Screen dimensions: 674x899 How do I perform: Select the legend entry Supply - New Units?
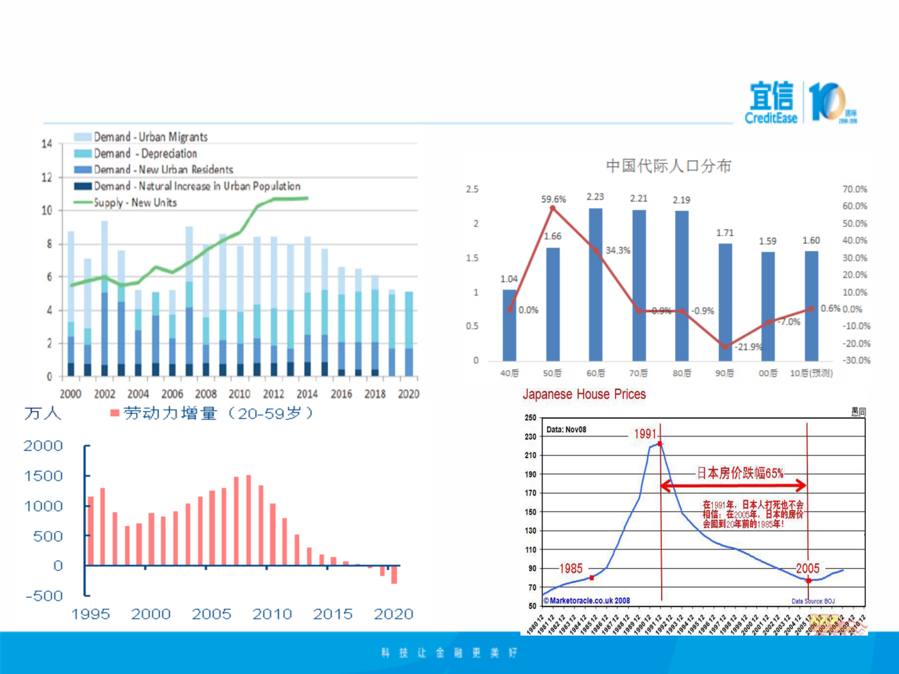[135, 203]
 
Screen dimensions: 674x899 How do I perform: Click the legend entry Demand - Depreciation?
[145, 154]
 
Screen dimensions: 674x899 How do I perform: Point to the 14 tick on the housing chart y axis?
[46, 144]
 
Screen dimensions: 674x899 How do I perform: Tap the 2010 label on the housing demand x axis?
[239, 394]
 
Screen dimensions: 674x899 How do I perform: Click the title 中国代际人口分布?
[668, 166]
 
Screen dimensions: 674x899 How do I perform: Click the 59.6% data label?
[553, 200]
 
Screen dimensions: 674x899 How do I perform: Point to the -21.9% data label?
[748, 347]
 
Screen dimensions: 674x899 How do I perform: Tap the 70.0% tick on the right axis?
[854, 189]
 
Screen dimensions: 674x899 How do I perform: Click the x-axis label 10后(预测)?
[811, 373]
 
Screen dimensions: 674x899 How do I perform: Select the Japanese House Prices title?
[584, 394]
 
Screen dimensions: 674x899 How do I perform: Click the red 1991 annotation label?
[645, 434]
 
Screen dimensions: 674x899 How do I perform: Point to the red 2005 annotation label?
[808, 568]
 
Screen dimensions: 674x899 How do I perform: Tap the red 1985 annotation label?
[571, 568]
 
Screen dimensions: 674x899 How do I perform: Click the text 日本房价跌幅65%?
[740, 473]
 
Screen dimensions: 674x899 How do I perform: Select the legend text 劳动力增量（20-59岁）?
[218, 413]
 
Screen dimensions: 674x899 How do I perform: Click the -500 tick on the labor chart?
[44, 596]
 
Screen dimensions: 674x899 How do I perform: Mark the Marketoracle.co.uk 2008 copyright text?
[587, 600]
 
